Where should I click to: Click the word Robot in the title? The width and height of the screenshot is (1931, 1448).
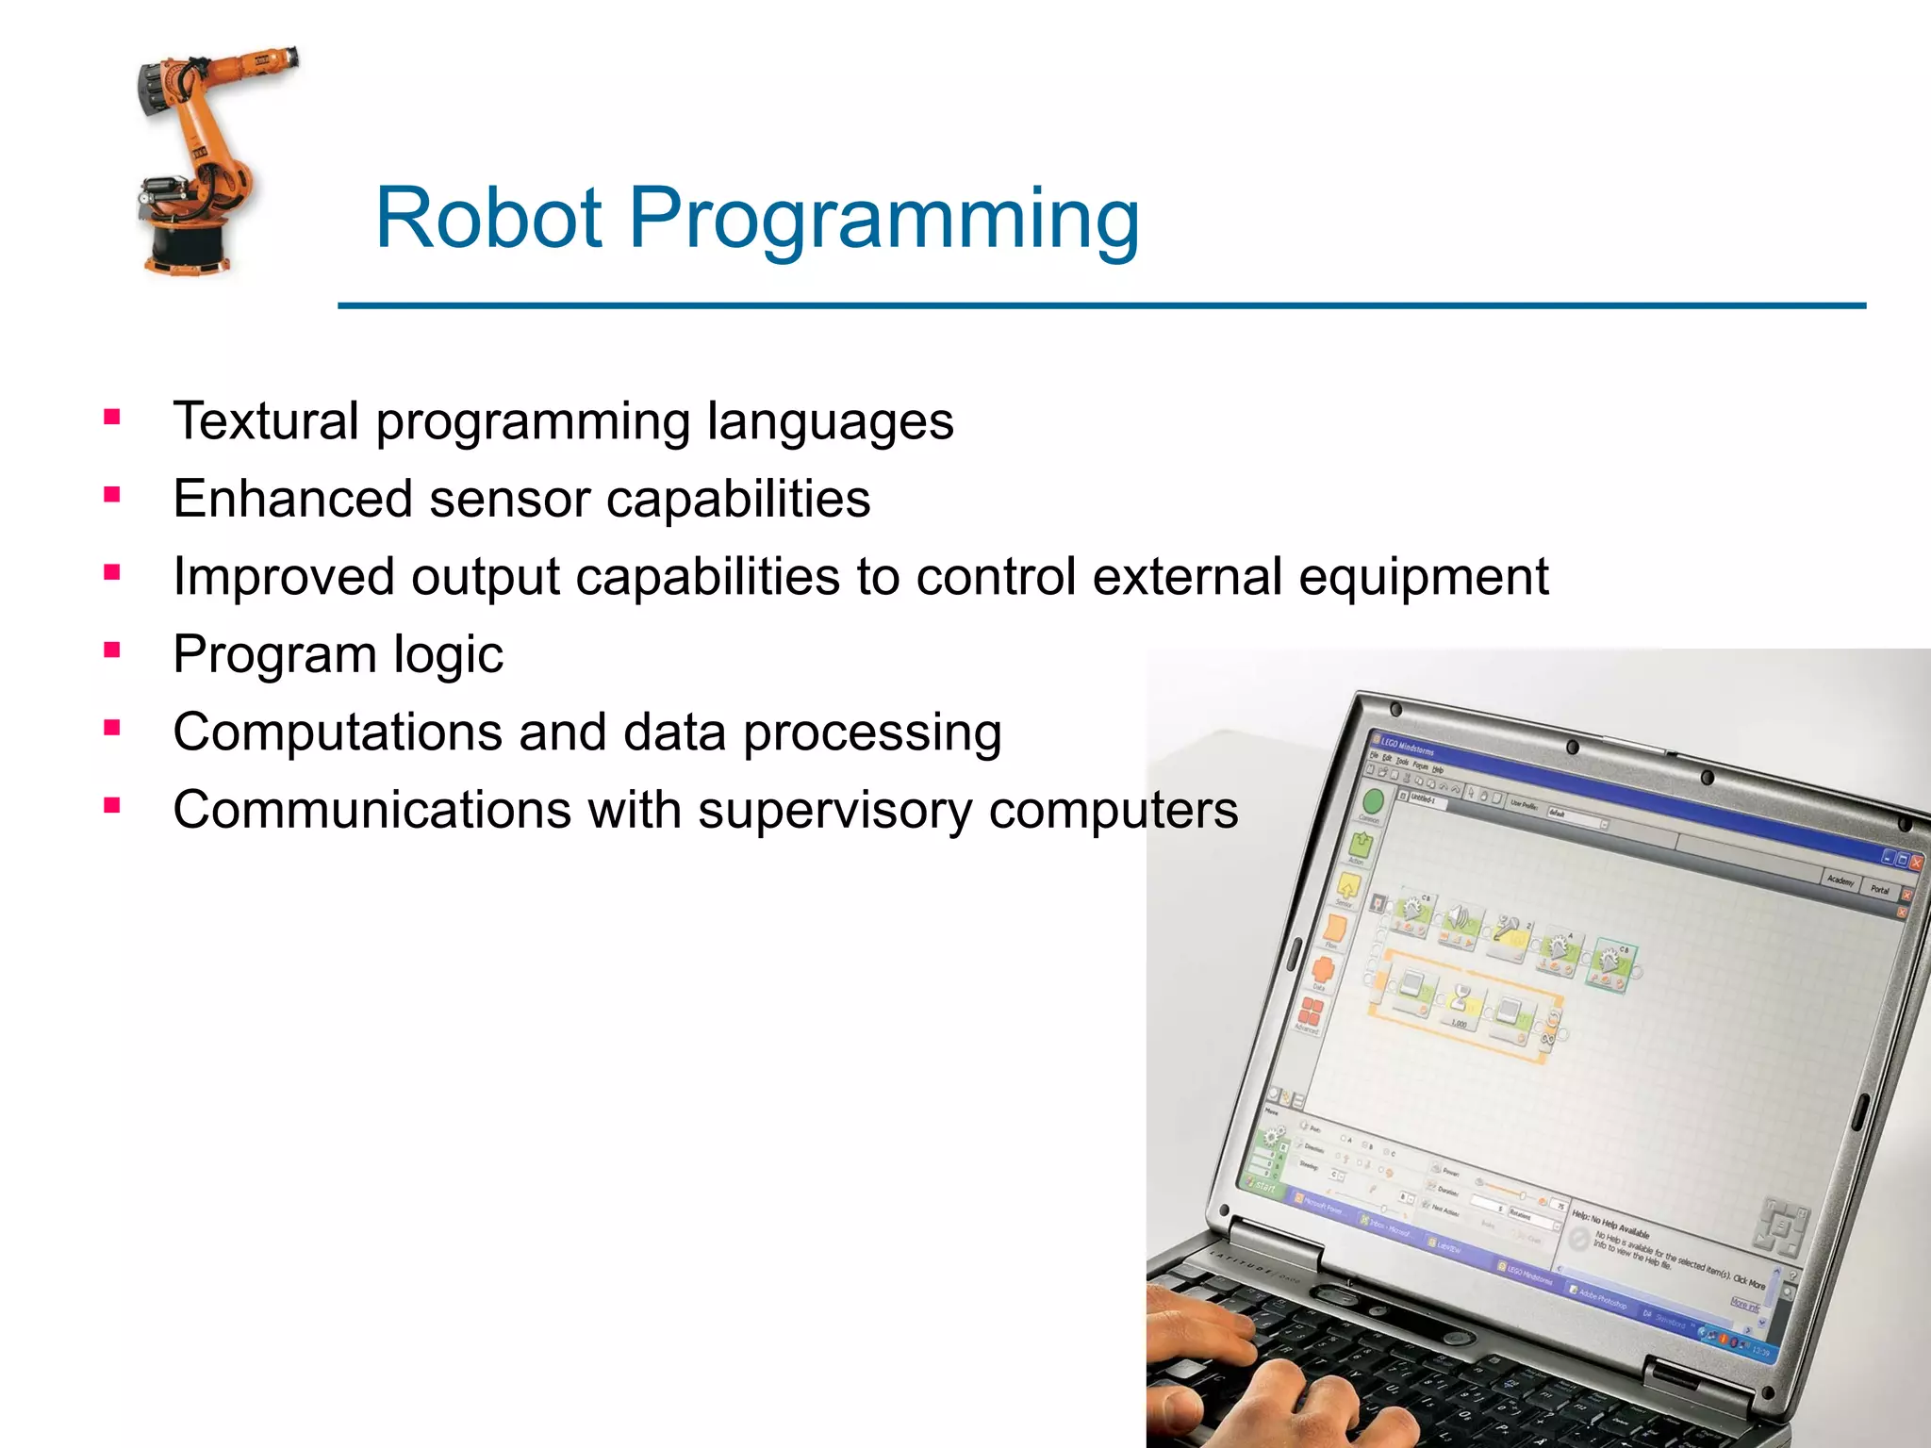tap(488, 219)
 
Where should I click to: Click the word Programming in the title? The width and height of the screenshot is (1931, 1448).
tap(883, 219)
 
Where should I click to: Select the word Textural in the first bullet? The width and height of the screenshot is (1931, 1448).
tap(266, 420)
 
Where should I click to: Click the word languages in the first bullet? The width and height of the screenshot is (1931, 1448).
tap(830, 420)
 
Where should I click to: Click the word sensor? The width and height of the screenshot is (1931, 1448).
tap(509, 500)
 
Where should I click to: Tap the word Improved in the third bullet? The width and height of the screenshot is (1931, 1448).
tap(284, 576)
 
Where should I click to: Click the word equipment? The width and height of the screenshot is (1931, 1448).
tap(1423, 576)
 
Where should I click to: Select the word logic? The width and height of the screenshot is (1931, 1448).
tap(448, 654)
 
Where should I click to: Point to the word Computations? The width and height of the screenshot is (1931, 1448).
tap(338, 732)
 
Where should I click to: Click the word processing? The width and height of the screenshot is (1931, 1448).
tap(872, 733)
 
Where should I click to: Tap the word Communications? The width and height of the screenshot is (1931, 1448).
tap(371, 810)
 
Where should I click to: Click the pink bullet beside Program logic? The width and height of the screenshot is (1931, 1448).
tap(112, 650)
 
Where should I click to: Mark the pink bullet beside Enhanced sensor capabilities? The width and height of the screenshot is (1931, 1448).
tap(112, 494)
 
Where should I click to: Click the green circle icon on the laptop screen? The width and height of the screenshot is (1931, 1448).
tap(1373, 801)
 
